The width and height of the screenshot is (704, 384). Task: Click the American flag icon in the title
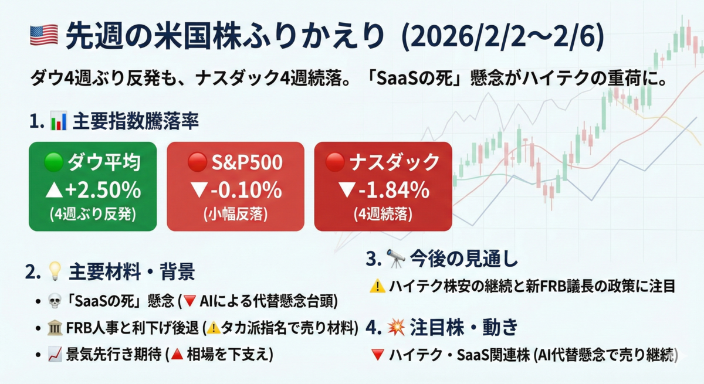pos(44,35)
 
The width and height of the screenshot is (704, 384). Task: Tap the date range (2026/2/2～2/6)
pos(503,36)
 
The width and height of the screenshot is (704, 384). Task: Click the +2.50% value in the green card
pos(103,191)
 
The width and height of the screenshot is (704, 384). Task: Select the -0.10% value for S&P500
pos(246,191)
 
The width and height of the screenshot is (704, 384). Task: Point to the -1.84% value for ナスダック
pos(394,191)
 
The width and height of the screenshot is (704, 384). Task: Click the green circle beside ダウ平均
pos(54,162)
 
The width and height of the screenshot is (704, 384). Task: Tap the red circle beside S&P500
pos(197,162)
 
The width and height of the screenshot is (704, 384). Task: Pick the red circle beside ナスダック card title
pos(335,162)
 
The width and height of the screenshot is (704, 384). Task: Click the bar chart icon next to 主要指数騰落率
pos(59,121)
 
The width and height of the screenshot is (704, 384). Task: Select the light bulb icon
pos(55,271)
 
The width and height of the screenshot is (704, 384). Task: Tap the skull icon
pos(55,301)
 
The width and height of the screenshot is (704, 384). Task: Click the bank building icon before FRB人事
pos(55,328)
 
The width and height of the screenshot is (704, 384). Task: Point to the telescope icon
pos(395,259)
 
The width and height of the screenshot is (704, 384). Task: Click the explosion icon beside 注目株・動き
pos(396,327)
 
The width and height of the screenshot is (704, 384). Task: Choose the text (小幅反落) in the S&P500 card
pos(235,215)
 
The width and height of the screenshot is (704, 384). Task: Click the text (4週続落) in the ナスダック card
pos(383,215)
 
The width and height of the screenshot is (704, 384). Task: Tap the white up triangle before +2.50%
pos(55,190)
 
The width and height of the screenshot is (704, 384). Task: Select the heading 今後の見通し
pos(464,259)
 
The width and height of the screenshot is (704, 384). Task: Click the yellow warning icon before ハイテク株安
pos(377,286)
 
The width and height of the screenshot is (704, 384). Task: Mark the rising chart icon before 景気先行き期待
pos(55,354)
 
